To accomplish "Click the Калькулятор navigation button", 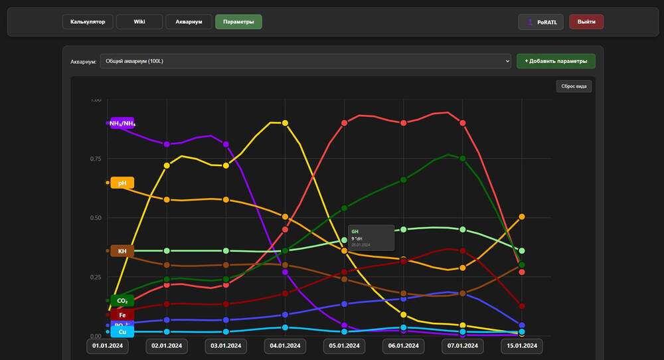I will point(87,21).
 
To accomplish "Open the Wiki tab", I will point(139,21).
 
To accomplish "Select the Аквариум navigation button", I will point(189,21).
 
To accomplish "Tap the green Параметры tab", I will point(238,21).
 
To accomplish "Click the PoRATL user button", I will point(540,22).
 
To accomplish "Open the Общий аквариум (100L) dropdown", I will point(305,61).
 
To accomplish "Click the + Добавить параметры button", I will point(556,61).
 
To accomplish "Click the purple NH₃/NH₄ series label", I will point(122,123).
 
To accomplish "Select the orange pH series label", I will point(122,183).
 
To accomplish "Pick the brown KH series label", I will point(122,251).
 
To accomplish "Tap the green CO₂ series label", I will point(122,301).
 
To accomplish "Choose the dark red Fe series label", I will point(122,315).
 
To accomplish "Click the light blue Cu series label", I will point(122,331).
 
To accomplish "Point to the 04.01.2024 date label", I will point(285,346).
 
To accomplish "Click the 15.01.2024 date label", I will point(522,346).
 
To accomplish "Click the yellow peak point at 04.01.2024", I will point(285,123).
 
